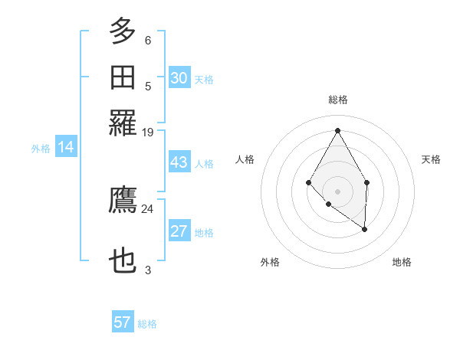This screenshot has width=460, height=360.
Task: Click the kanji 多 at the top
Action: coord(123,32)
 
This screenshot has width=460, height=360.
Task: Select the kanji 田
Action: coord(123,77)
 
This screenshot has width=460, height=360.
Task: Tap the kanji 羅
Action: coord(123,123)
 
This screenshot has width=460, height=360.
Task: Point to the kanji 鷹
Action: coord(123,200)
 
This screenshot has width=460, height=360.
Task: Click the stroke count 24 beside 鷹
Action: coord(147,208)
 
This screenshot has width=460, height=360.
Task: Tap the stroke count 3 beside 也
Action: coord(147,270)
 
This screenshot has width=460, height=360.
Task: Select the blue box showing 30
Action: coord(179,78)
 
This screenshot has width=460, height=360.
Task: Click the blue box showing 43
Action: coord(179,163)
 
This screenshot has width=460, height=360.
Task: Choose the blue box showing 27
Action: coord(179,232)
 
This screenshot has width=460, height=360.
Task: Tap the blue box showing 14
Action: coord(65,148)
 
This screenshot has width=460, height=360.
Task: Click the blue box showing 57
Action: coord(123,322)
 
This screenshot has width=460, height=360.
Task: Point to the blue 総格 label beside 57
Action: coord(147,324)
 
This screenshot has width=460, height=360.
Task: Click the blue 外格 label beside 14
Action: coord(41,149)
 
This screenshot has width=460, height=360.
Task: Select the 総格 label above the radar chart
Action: coord(337,100)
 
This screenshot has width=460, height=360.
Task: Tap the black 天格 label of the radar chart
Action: coord(431,159)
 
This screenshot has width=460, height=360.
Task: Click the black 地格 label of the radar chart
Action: coord(402,262)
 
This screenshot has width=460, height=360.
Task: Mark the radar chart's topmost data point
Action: coord(337,129)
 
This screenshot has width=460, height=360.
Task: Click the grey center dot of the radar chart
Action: coord(337,191)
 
